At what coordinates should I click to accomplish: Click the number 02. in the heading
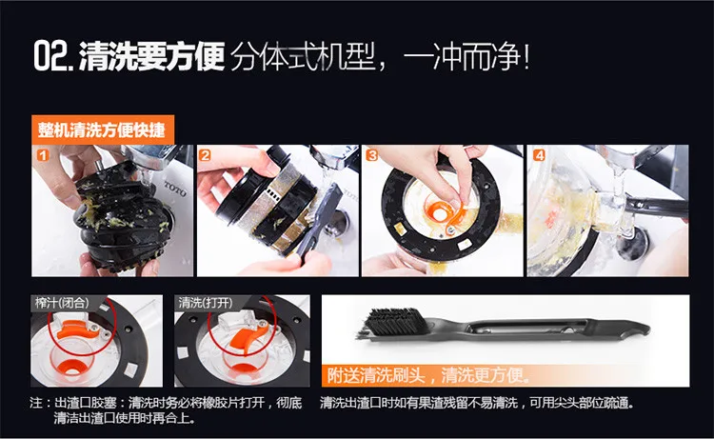tap(53, 56)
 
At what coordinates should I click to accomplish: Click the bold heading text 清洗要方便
tap(152, 56)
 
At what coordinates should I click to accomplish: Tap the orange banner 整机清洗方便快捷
tap(103, 130)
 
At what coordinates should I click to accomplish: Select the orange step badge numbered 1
tap(43, 156)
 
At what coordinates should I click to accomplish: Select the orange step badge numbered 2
tap(205, 155)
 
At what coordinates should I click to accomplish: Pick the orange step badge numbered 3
tap(372, 155)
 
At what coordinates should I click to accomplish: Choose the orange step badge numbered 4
tap(539, 155)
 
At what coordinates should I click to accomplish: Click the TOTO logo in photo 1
tap(175, 189)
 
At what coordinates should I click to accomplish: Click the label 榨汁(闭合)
tap(63, 303)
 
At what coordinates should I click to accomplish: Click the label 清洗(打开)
tap(206, 303)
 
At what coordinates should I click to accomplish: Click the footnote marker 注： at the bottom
tap(40, 403)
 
